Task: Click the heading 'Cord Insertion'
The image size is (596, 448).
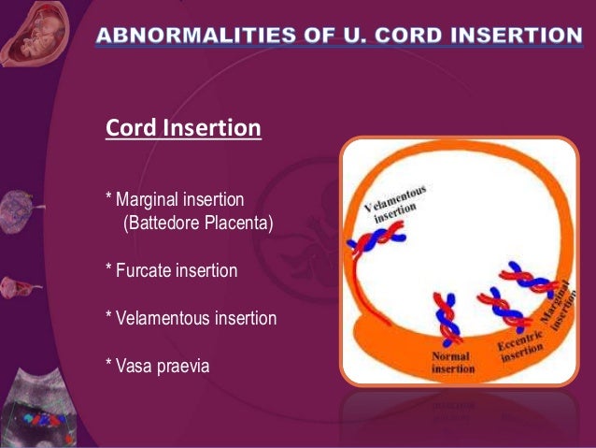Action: [182, 127]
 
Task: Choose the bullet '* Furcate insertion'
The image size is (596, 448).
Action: [171, 270]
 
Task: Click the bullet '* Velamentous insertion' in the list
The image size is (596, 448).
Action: [191, 318]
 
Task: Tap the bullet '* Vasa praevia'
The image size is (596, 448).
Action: [157, 366]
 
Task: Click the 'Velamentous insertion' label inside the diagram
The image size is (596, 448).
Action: [397, 203]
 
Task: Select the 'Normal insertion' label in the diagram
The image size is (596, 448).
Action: [452, 363]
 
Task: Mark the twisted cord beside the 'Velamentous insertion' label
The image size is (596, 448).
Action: [371, 243]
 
